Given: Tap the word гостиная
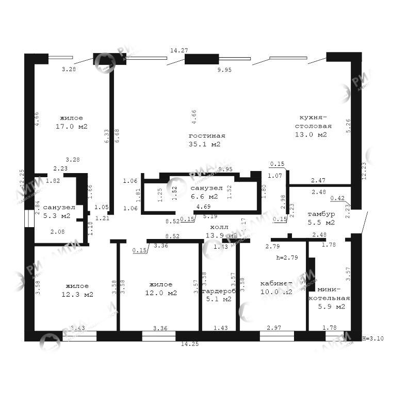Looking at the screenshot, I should coord(207,135).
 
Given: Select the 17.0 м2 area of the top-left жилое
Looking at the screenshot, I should coord(71,126).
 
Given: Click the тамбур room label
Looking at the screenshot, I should coord(321,214).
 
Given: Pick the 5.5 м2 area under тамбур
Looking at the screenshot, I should coord(321,223).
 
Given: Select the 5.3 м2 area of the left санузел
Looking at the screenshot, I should coord(56,216).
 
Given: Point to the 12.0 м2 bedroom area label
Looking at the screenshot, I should coord(162,293).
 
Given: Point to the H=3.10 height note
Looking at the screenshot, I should coord(372,338).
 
